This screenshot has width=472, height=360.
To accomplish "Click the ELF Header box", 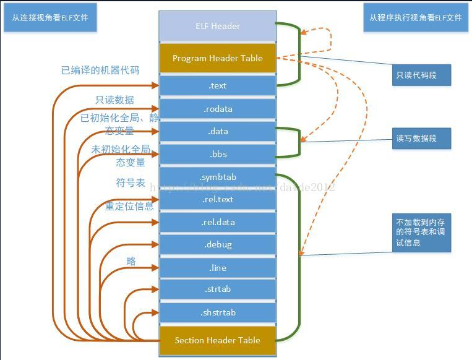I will point(217,27).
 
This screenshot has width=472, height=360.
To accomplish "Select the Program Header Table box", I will point(217,58).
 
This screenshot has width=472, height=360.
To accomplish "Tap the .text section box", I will point(217,86).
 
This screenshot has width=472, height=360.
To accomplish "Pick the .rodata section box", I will point(217,109).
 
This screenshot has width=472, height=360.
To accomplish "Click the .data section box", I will point(217,131).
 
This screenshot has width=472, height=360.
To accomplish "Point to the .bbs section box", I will point(217,154).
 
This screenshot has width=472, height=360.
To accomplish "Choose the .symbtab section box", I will point(217,177).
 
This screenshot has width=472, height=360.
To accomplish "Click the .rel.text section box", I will point(217,199).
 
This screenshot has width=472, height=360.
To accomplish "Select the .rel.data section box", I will point(217,222).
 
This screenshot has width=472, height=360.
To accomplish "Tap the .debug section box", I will point(217,244).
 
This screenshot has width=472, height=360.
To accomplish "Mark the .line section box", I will point(217,267).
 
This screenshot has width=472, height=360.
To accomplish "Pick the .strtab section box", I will point(217,289).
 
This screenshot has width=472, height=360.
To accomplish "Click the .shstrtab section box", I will point(217,312).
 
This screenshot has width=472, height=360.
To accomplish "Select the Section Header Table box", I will point(217,340).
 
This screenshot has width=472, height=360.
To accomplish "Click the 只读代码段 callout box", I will point(421,75).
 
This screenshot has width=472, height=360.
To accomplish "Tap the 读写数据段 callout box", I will point(421,138).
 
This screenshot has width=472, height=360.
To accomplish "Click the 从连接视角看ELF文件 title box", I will point(50,18).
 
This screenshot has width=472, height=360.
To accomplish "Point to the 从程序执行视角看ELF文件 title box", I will point(415,18).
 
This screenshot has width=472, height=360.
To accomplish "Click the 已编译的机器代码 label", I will point(100,70).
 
